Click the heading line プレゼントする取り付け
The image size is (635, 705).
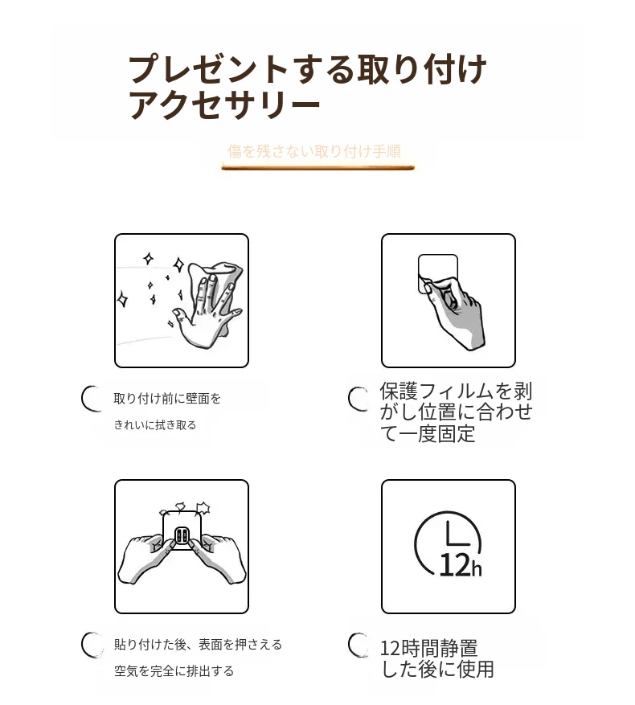click(x=308, y=70)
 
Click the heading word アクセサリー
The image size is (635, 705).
click(x=224, y=105)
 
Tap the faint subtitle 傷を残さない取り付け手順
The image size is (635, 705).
click(x=314, y=151)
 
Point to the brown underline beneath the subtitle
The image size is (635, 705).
click(x=317, y=168)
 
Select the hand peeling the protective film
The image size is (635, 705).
click(x=455, y=314)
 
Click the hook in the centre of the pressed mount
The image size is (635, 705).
click(x=182, y=535)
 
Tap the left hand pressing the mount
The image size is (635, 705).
click(x=145, y=558)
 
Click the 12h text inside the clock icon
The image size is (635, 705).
click(x=460, y=565)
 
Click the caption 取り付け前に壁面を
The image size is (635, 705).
click(x=167, y=399)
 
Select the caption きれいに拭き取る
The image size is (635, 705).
click(x=154, y=425)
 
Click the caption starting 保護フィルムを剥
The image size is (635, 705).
click(x=456, y=412)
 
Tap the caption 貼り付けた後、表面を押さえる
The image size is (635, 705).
click(x=198, y=644)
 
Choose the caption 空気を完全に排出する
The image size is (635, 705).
click(x=174, y=670)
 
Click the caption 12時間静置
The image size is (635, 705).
click(x=428, y=648)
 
